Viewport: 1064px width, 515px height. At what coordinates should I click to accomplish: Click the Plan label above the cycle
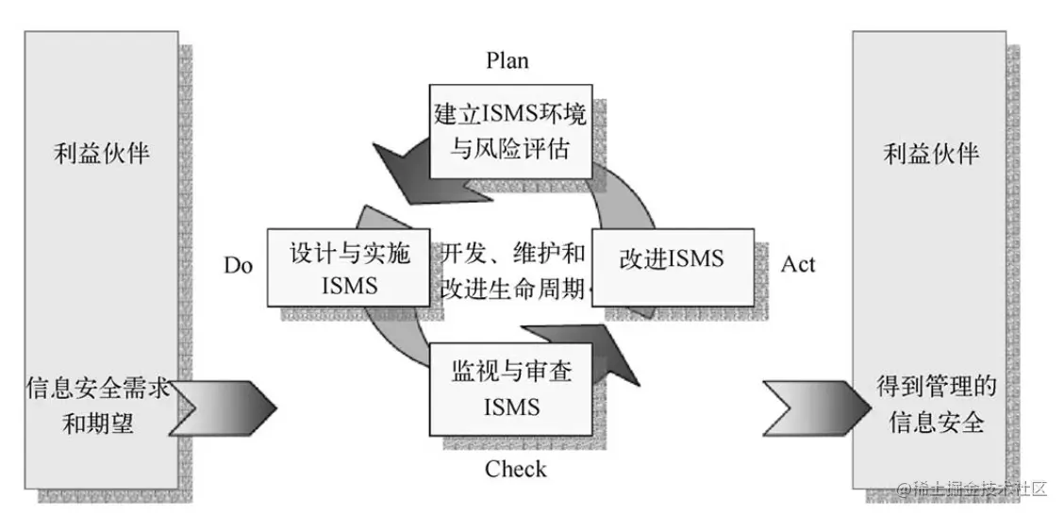(x=507, y=60)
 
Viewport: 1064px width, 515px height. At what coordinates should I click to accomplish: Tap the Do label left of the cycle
(x=239, y=265)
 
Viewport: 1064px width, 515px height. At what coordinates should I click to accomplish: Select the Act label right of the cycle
(x=798, y=264)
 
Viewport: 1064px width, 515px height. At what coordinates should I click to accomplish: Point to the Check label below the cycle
(x=515, y=469)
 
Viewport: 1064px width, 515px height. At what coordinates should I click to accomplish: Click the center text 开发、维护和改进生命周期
(x=513, y=270)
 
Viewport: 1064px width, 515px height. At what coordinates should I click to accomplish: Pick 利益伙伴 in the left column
(x=102, y=154)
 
